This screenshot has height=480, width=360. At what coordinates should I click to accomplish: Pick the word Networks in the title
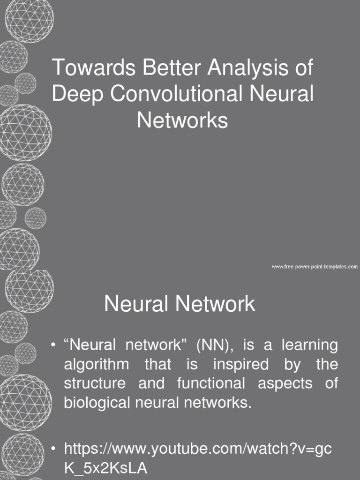182,120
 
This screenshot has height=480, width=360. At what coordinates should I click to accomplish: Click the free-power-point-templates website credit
315,267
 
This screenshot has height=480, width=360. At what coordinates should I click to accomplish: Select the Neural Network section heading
180,304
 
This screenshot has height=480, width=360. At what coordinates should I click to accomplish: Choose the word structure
94,383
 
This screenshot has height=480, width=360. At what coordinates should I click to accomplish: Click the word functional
211,383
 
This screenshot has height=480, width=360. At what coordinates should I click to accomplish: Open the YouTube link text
197,449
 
